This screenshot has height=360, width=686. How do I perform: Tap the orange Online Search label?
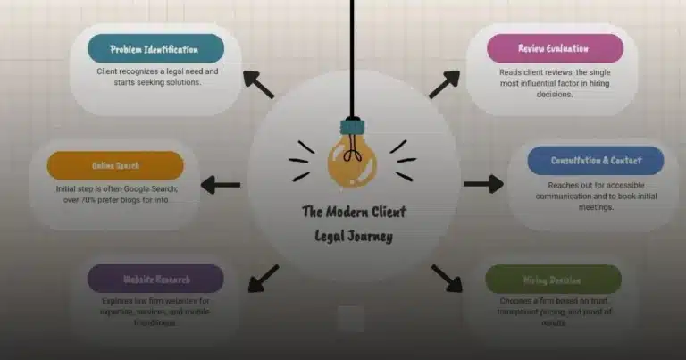tap(114, 165)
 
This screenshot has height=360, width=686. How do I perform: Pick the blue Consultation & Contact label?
tap(595, 161)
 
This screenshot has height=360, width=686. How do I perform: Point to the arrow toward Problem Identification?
tap(258, 84)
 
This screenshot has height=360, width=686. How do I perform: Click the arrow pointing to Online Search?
tap(221, 185)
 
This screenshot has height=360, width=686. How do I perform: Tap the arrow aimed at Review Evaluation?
tap(444, 84)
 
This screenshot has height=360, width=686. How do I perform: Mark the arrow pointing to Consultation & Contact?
tap(483, 185)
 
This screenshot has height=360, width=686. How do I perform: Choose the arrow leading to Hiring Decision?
tap(447, 277)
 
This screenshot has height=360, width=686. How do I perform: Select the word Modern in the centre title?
tap(351, 212)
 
